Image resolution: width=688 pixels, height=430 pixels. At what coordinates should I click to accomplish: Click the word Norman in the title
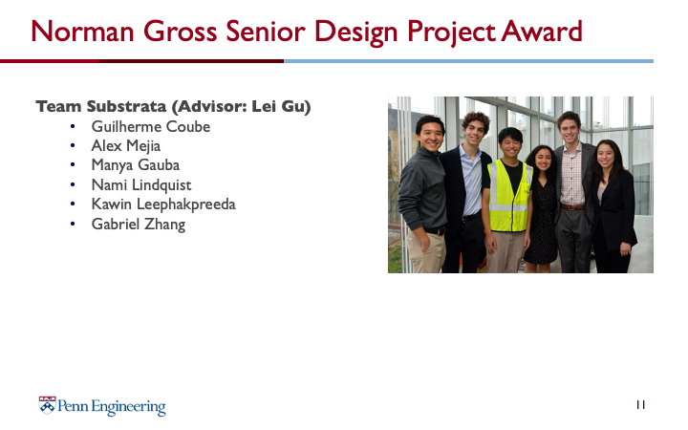(x=82, y=32)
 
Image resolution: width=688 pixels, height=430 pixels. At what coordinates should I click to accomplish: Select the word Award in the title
(x=542, y=32)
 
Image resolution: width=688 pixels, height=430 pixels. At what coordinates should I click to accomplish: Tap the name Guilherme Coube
(x=151, y=127)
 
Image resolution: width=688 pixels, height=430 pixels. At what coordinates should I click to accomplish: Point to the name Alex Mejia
(x=125, y=146)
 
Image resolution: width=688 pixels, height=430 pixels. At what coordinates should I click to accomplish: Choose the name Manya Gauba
(x=135, y=165)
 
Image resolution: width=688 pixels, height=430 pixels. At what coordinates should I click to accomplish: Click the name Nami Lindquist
(x=140, y=184)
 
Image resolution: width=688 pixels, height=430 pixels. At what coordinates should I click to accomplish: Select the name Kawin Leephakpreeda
(x=163, y=204)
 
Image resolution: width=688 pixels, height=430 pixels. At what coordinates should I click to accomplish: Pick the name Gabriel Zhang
(x=139, y=224)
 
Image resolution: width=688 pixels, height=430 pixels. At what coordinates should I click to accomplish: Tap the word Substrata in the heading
(x=126, y=106)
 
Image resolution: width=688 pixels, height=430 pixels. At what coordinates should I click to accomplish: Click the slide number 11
(x=640, y=404)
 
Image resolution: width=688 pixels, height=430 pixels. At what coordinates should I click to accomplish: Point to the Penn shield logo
(x=47, y=405)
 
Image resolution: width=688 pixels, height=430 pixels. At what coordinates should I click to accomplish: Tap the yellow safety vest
(x=509, y=195)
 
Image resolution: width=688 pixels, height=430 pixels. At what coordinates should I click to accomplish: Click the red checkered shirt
(x=572, y=175)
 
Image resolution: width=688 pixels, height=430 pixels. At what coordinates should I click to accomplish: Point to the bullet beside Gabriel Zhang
(x=73, y=224)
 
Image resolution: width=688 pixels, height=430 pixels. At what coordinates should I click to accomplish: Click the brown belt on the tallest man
(x=573, y=206)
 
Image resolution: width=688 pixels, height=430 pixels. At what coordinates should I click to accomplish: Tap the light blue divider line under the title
(x=468, y=61)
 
